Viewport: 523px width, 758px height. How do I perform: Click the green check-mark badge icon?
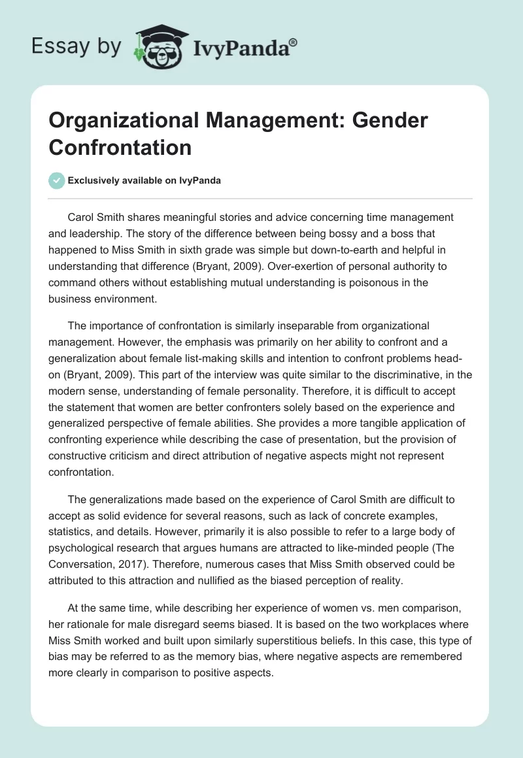(x=56, y=180)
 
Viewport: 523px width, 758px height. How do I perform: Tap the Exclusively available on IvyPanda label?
(x=144, y=180)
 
